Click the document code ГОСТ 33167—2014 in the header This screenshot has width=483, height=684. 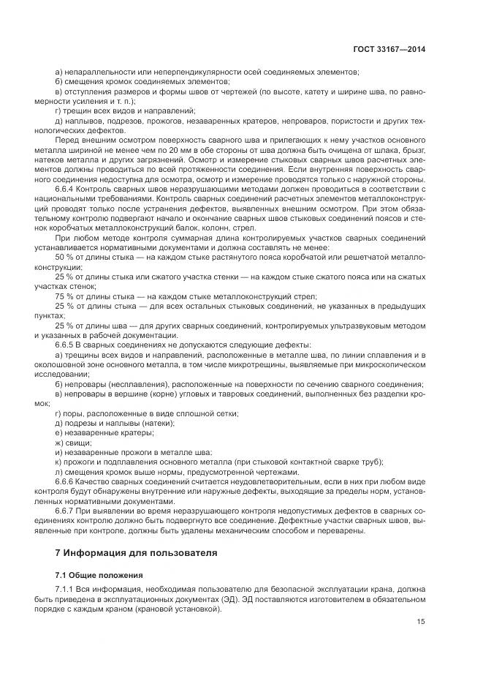(388, 49)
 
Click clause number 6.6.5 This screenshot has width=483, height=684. (66, 344)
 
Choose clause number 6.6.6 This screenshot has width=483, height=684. (66, 484)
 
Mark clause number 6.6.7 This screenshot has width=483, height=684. (66, 512)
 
